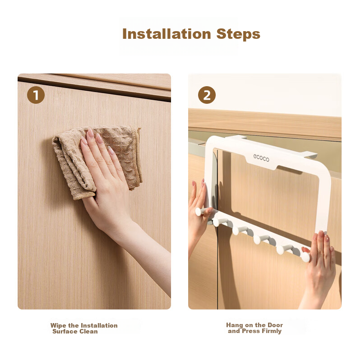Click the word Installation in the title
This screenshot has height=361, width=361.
coord(167,34)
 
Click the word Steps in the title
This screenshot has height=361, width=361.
coord(238,34)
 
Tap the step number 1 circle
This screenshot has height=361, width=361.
coord(36,95)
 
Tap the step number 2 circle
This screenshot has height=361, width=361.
coord(207,95)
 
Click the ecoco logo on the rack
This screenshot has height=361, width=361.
coord(261,158)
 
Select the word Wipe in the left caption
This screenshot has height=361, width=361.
coord(59,325)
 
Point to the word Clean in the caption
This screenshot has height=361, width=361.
coord(88,331)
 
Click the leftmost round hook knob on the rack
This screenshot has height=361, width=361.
coord(199,212)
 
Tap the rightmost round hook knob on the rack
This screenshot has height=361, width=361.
coord(306,257)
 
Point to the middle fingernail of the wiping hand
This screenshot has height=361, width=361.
coord(99,138)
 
